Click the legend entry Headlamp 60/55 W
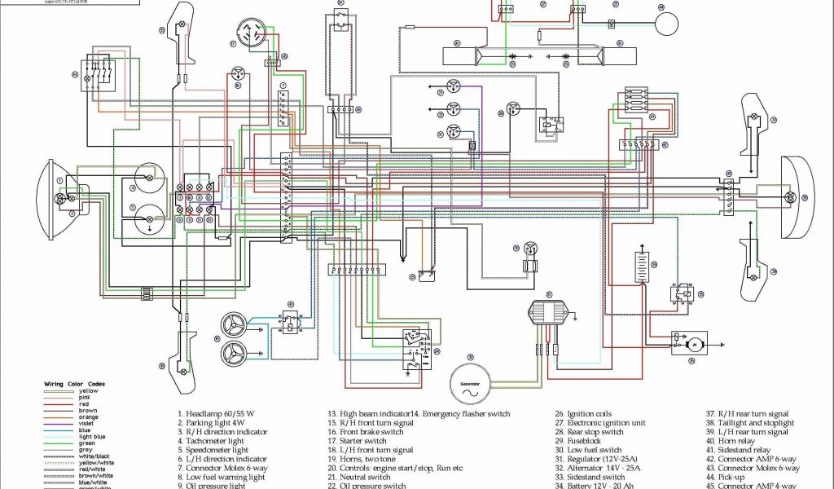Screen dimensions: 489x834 (x=219, y=413)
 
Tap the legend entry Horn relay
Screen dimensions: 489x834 (x=737, y=440)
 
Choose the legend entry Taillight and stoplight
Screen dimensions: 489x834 (x=757, y=422)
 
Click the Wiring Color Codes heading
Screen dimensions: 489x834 (x=74, y=383)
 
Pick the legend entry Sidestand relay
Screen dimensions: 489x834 (x=744, y=449)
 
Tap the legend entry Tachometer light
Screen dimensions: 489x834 (x=217, y=440)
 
